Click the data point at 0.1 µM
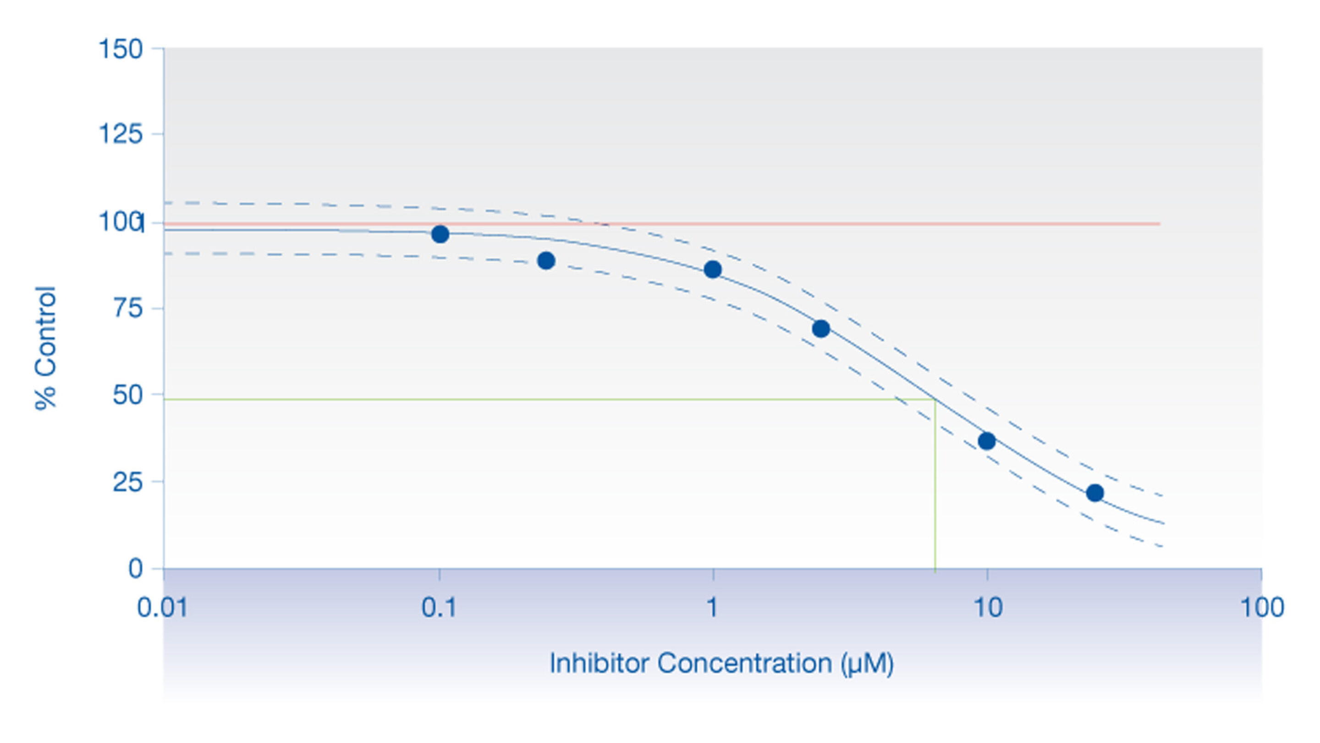[440, 234]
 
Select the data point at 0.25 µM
[546, 261]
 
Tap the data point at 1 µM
[713, 270]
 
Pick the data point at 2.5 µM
[821, 329]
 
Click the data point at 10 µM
[987, 441]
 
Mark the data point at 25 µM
[1095, 493]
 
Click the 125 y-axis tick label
[120, 134]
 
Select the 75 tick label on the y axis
[127, 309]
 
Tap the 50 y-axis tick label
[127, 395]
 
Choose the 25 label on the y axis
[127, 482]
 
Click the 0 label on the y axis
[135, 569]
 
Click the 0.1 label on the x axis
[439, 608]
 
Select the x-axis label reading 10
[987, 608]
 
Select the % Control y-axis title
[45, 349]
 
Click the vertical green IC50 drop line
[935, 487]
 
